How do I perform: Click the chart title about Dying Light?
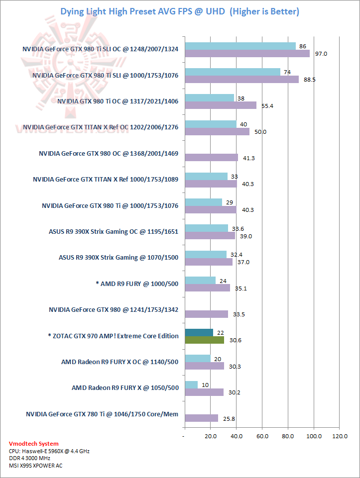point(180,11)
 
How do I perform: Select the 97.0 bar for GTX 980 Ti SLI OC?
point(247,54)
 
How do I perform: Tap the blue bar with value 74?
point(233,72)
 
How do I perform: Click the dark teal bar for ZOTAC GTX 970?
point(199,332)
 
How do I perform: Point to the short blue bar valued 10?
point(191,384)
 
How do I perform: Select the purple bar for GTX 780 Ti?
point(201,418)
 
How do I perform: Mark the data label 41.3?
point(248,158)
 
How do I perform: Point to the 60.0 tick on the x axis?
point(262,436)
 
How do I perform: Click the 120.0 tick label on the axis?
point(340,436)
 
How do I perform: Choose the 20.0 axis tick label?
point(211,436)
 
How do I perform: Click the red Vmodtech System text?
point(33,444)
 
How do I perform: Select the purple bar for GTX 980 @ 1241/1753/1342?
point(206,314)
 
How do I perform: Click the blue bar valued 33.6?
point(206,228)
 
